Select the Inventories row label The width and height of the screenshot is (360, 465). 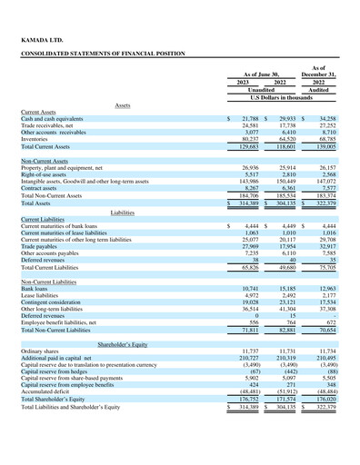click(x=37, y=138)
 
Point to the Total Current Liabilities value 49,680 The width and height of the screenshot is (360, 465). click(x=285, y=268)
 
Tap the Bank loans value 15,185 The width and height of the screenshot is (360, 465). click(x=285, y=287)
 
